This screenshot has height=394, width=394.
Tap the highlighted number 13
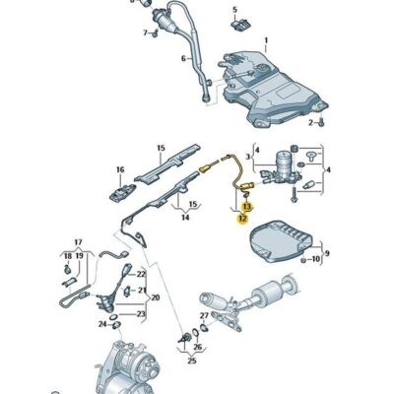tap(247, 207)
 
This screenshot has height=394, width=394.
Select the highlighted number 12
tap(241, 220)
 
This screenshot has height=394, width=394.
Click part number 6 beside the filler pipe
tap(182, 58)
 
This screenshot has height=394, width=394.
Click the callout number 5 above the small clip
tap(234, 9)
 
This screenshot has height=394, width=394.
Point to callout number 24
tap(100, 322)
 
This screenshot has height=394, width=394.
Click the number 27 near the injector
tap(205, 316)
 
